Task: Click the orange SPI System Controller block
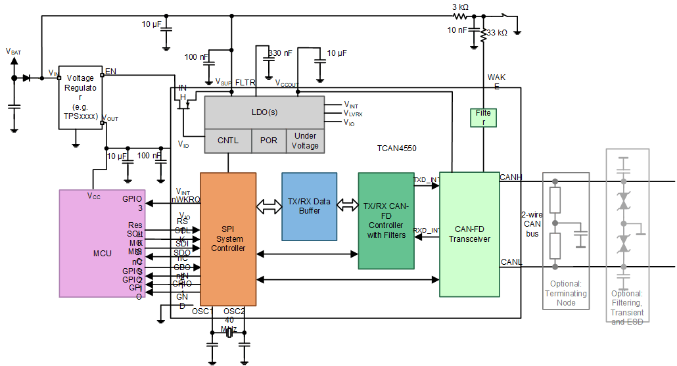(227, 239)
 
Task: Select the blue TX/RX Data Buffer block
(309, 206)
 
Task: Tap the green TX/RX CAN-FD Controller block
(386, 221)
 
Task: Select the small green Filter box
(483, 118)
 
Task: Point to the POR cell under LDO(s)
(269, 141)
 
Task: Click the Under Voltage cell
(305, 141)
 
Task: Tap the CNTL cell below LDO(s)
(228, 141)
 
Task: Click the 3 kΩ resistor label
(460, 7)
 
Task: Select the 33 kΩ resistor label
(498, 32)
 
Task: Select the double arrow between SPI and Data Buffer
(268, 206)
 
